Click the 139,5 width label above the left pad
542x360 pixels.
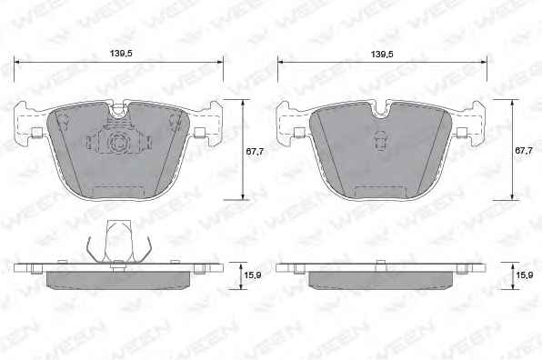[x=121, y=54]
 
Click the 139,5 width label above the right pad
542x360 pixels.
[x=382, y=55]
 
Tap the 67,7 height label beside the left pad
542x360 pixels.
[x=255, y=151]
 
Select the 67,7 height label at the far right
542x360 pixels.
[x=524, y=151]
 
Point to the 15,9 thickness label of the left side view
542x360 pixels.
[x=252, y=275]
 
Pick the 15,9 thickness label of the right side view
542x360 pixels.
[x=524, y=275]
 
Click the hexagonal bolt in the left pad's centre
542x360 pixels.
[x=116, y=141]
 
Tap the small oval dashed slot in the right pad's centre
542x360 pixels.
[x=380, y=141]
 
